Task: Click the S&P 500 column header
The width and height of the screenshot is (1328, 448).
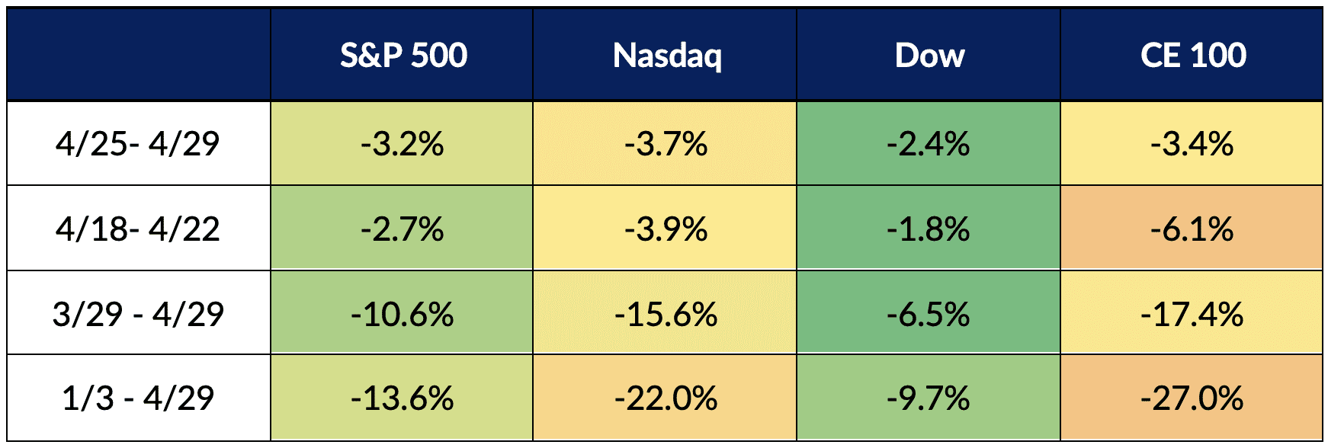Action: tap(403, 56)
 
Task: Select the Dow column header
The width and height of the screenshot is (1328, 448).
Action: tap(929, 56)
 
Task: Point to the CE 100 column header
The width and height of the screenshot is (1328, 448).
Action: tap(1193, 56)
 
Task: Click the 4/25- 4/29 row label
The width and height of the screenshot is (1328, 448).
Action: tap(138, 143)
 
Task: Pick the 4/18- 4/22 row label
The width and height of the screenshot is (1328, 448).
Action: tap(138, 229)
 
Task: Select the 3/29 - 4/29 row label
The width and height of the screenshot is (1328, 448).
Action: tap(138, 314)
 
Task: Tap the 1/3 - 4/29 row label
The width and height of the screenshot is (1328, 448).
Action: tap(138, 398)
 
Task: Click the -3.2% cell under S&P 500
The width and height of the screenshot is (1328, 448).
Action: tap(403, 143)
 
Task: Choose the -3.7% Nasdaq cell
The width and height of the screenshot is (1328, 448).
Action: tap(666, 143)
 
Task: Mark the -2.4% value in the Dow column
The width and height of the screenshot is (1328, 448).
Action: tap(929, 143)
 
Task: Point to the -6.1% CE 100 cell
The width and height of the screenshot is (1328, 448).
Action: tap(1192, 229)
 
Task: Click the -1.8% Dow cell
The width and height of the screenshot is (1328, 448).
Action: tap(929, 229)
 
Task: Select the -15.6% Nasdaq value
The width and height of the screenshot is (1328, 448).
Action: tap(666, 314)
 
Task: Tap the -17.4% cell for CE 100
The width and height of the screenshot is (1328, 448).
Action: tap(1192, 314)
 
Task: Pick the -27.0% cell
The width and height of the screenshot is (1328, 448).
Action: tap(1192, 398)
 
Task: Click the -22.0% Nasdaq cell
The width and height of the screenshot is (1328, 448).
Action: tap(666, 398)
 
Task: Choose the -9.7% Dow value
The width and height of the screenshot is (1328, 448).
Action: tap(929, 398)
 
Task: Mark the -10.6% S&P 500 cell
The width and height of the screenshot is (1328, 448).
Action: tap(403, 314)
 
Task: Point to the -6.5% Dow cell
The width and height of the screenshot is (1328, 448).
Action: tap(929, 314)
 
